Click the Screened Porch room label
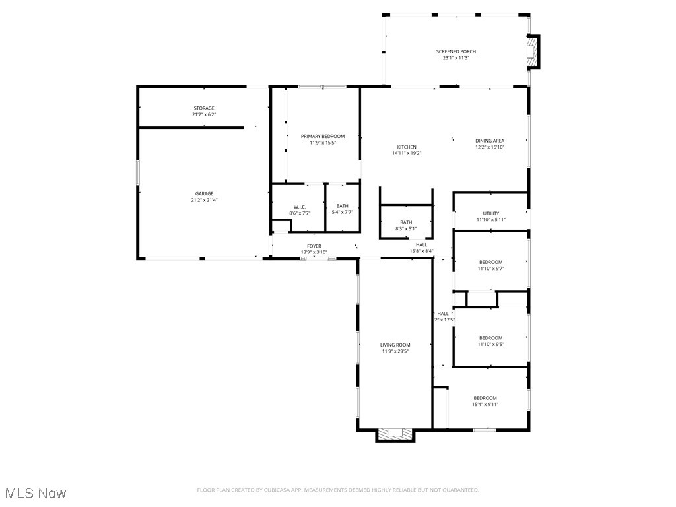tap(456, 51)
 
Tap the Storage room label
tap(203, 108)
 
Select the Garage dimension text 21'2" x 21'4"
tap(203, 200)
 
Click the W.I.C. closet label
tap(299, 207)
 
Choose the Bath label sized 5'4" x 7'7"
tap(342, 206)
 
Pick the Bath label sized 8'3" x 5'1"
tap(406, 222)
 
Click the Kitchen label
tap(407, 147)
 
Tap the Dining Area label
tap(490, 141)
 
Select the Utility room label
tap(491, 213)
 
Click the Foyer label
tap(314, 246)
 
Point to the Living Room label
tap(395, 345)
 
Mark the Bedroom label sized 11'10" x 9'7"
tap(490, 262)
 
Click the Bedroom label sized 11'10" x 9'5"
tap(490, 338)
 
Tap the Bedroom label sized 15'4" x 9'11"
tap(485, 398)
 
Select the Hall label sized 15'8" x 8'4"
tap(421, 245)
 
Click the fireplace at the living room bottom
tap(395, 434)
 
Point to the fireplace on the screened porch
tap(532, 51)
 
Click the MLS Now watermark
tap(36, 493)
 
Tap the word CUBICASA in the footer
tap(272, 490)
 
